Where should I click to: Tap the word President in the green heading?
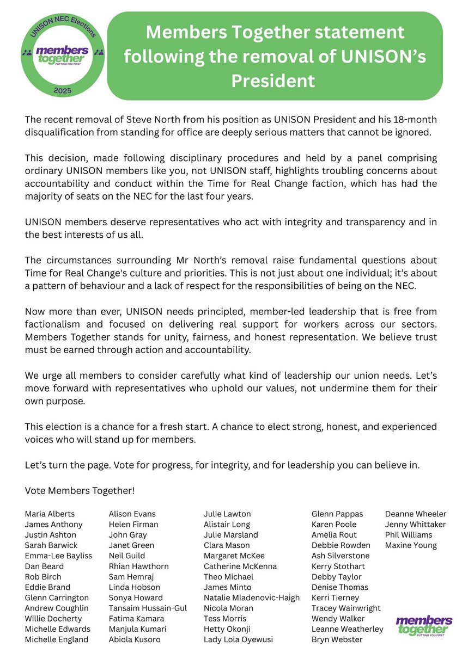[x=273, y=81]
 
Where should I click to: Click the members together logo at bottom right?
[x=424, y=625]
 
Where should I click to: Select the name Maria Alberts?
[x=50, y=514]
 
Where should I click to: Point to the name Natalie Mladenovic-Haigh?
[x=251, y=597]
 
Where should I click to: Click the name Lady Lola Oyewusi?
[x=238, y=639]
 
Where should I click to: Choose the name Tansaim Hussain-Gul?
[x=148, y=608]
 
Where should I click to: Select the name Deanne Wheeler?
[x=415, y=514]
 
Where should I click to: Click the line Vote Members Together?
[x=80, y=490]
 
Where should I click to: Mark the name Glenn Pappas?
[x=337, y=514]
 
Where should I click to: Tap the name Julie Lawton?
[x=227, y=514]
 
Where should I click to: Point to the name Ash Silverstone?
[x=340, y=556]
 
